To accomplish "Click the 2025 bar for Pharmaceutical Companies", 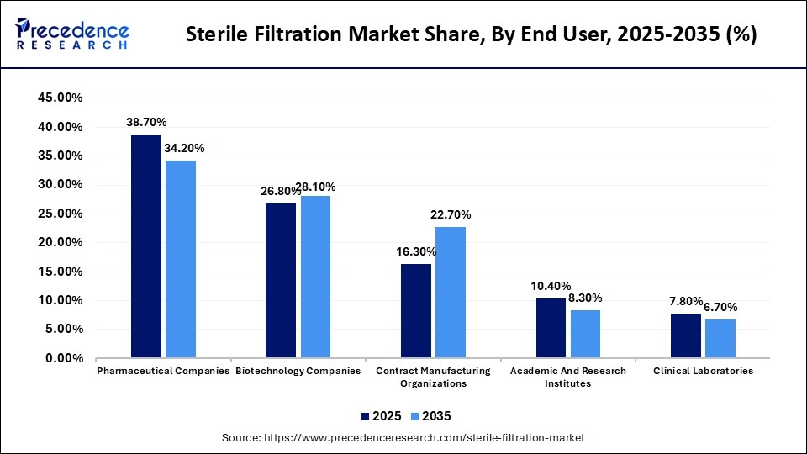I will pos(145,245).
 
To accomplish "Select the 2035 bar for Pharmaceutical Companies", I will pos(181,259).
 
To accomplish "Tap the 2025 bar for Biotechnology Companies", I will pos(281,280).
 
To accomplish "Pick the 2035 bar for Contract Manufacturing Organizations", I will pos(451,292).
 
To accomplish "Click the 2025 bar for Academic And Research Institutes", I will pos(551,328).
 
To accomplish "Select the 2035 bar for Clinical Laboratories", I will pos(720,338).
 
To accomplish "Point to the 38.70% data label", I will pos(146,122).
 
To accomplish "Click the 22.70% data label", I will pos(451,214).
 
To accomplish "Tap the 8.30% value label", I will pos(585,298).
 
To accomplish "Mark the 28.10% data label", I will pos(315,187).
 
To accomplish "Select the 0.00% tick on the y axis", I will pos(63,358).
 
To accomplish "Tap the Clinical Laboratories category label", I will pos(704,371).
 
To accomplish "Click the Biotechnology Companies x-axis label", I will pos(298,371).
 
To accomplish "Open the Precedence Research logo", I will pos(71,34).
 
